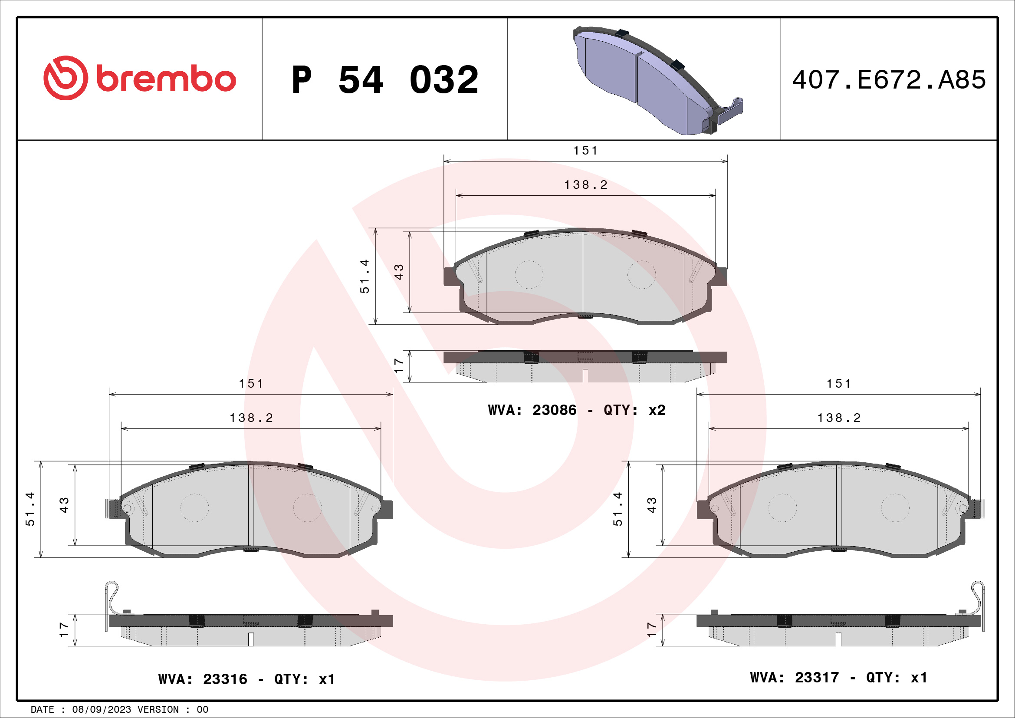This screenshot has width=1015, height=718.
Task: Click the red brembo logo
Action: pyautogui.click(x=140, y=78)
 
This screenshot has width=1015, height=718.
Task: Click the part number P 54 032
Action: pyautogui.click(x=385, y=80)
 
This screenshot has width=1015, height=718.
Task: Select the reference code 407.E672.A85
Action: pyautogui.click(x=889, y=80)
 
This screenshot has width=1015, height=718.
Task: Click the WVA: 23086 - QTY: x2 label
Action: pyautogui.click(x=576, y=410)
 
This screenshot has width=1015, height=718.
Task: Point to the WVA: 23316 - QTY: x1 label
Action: pyautogui.click(x=246, y=679)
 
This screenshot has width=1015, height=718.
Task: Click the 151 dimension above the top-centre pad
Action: pyautogui.click(x=585, y=151)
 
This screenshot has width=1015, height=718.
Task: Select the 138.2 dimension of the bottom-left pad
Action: pyautogui.click(x=251, y=418)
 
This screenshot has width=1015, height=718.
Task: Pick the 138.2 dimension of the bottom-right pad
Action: pyautogui.click(x=839, y=418)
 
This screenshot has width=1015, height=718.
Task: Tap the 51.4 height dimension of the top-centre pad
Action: pyautogui.click(x=365, y=277)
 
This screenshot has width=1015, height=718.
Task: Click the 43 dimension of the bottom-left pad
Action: pyautogui.click(x=65, y=505)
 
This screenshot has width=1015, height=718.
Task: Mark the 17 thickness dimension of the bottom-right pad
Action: pyautogui.click(x=652, y=629)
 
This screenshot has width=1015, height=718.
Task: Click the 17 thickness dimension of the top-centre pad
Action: pyautogui.click(x=399, y=366)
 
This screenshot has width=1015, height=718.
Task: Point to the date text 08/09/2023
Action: pyautogui.click(x=102, y=710)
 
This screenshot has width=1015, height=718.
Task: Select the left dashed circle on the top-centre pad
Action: pyautogui.click(x=529, y=274)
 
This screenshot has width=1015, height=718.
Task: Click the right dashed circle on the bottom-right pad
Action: pyautogui.click(x=895, y=507)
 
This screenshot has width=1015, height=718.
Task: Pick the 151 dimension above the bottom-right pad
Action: pyautogui.click(x=839, y=384)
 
